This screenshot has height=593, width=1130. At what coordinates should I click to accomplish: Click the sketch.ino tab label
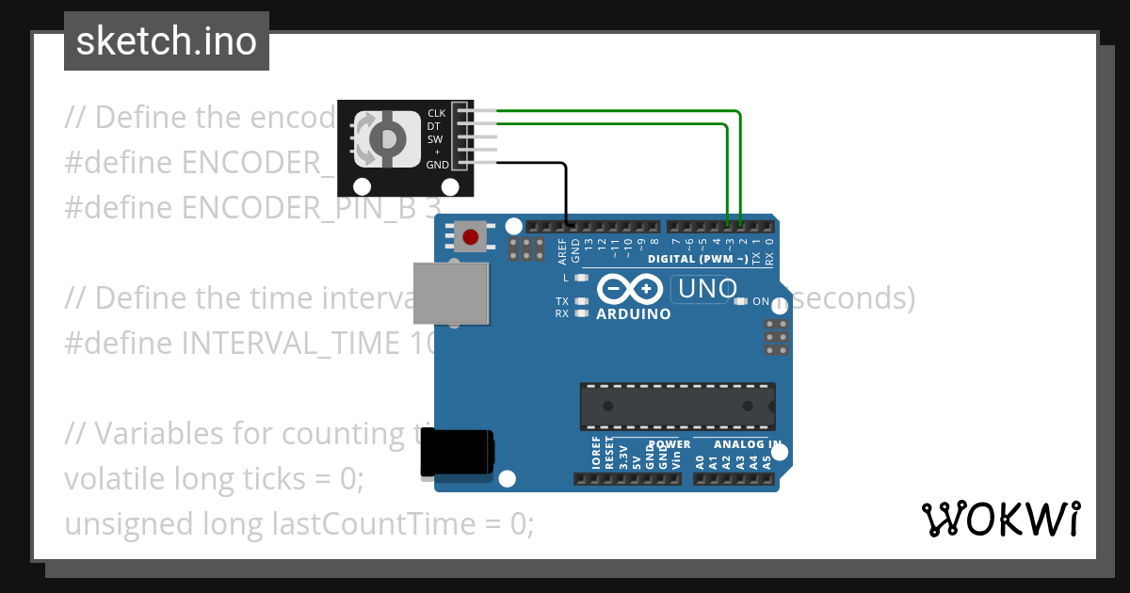coord(166,41)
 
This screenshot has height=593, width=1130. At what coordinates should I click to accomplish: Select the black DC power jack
coord(457,452)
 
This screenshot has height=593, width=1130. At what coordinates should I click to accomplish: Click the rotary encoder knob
coord(387,139)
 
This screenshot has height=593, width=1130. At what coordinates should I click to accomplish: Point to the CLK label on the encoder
coord(436,113)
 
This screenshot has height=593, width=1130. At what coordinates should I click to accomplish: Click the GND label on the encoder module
coord(437,165)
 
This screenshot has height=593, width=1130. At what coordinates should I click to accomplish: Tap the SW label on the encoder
coord(435,139)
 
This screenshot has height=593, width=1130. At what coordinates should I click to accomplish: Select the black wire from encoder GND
coord(567,188)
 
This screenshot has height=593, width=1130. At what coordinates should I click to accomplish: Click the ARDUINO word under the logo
coord(634,314)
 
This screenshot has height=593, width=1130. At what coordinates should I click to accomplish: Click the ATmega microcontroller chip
coord(677,406)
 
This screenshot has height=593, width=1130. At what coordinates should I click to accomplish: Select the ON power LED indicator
coord(741,302)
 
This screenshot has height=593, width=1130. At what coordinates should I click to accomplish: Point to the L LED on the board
coord(581,278)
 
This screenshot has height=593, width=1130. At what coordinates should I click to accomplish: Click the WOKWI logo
coord(1000,519)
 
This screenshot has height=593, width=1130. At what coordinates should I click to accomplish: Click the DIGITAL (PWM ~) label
coord(698,259)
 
